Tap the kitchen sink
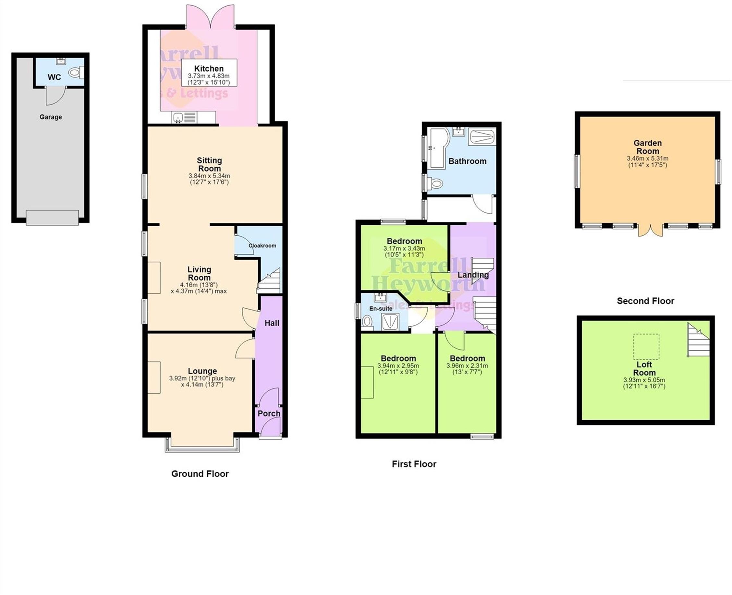[x=178, y=118]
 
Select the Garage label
[x=51, y=117]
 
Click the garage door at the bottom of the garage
[x=53, y=218]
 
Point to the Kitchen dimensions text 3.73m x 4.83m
[x=209, y=76]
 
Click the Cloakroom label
[x=262, y=245]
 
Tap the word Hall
[x=272, y=323]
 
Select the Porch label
[x=269, y=413]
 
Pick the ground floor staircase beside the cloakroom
[x=269, y=281]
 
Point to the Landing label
[x=473, y=275]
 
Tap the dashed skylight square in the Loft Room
[x=646, y=346]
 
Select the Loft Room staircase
[x=698, y=340]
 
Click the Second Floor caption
[x=646, y=301]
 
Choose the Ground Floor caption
[x=200, y=474]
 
